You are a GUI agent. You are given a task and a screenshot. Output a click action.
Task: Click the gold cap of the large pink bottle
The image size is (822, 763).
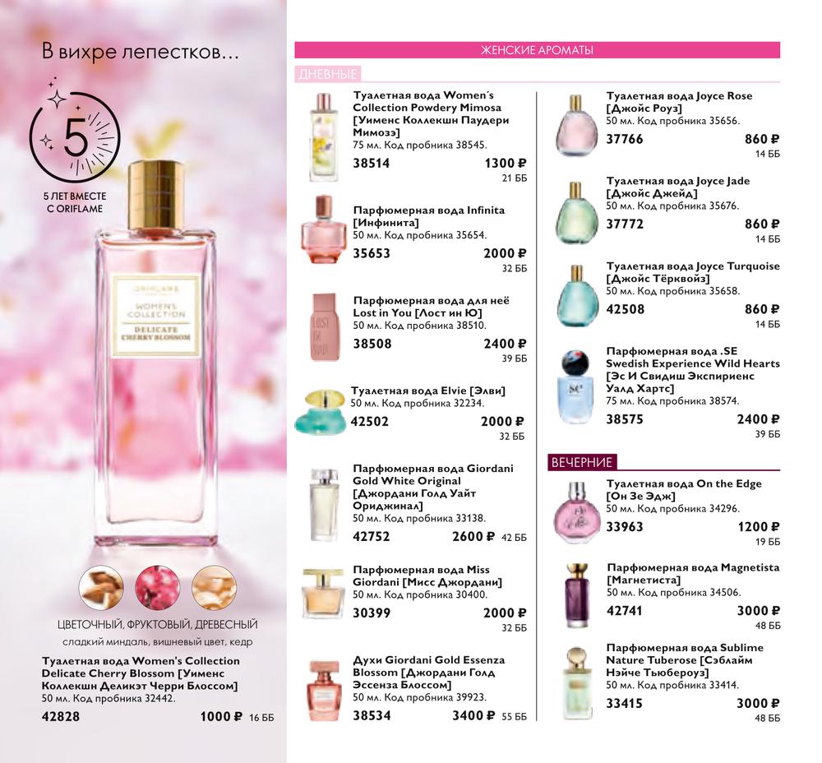coord(155,195)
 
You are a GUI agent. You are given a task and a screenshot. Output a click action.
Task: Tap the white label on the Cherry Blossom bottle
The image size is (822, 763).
coord(156,317)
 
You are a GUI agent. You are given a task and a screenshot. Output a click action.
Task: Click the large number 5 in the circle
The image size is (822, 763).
coord(76,137)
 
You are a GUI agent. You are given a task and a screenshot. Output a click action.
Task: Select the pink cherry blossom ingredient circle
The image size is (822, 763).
coord(157,587)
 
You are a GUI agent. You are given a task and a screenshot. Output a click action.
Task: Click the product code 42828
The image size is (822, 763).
coord(61,716)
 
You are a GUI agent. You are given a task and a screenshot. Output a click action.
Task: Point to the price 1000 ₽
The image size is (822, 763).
coord(221,716)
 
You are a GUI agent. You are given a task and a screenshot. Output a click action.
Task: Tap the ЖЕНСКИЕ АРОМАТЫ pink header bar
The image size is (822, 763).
coord(538,50)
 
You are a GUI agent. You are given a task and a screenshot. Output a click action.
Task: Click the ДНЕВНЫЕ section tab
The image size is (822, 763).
coord(328,74)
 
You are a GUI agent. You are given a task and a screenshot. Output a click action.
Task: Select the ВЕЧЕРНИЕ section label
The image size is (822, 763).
coord(582,462)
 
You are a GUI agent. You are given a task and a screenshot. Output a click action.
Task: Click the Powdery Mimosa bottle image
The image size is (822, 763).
coord(323,137)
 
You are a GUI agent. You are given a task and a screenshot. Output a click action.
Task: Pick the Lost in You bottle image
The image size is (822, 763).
coord(325,327)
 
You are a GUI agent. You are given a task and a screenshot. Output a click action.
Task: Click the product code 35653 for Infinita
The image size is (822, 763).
coord(372,253)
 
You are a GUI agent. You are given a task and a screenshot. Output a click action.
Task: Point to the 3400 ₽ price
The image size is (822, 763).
coord(474,716)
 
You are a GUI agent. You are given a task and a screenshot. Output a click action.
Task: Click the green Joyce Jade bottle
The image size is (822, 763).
coord(576,213)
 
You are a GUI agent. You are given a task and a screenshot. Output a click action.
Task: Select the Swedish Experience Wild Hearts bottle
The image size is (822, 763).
coord(575,386)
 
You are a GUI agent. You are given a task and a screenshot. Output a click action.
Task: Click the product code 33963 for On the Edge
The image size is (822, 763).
coord(625,526)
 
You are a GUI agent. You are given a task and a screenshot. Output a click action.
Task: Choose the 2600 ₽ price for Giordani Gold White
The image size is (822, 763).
coord(473,536)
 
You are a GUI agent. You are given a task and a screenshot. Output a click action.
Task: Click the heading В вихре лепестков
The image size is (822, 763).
coord(140,53)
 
